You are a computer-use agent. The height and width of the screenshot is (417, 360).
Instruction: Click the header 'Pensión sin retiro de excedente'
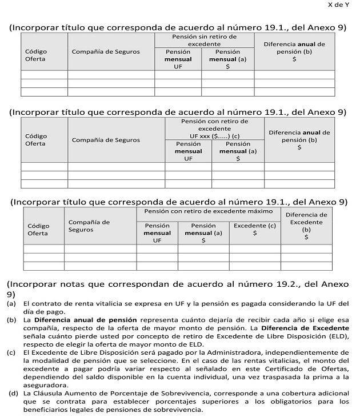pos(204,39)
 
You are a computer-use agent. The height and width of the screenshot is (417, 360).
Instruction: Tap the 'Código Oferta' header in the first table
pos(36,55)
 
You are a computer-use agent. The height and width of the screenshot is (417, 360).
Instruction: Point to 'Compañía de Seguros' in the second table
pos(106,140)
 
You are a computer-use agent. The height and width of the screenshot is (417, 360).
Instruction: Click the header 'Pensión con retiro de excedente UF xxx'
pos(214,129)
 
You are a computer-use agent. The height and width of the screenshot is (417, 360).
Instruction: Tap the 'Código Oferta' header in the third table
pos(38,229)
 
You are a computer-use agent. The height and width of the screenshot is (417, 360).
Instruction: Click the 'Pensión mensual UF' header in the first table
pos(178,59)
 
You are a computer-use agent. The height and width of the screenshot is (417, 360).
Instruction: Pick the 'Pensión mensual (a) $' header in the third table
pos(203,233)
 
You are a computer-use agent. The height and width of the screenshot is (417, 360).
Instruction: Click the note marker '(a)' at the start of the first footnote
pos(11,303)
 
